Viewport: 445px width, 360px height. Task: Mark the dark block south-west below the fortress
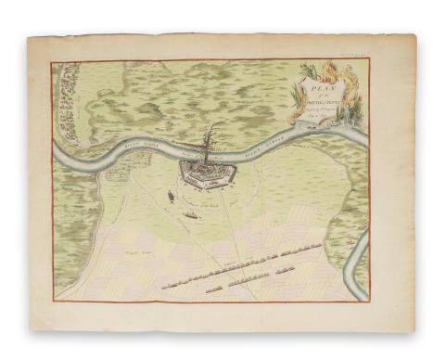point(191,216)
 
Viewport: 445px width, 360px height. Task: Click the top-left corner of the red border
point(53,62)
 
